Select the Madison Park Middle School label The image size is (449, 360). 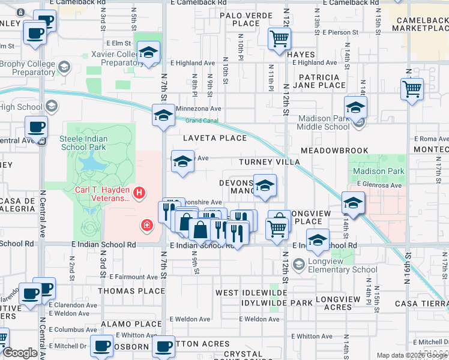pyautogui.click(x=324, y=122)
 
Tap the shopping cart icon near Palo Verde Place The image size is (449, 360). pyautogui.click(x=279, y=39)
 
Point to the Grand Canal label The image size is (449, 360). pyautogui.click(x=201, y=121)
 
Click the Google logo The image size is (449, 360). pyautogui.click(x=20, y=353)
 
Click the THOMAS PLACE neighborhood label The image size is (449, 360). pyautogui.click(x=131, y=291)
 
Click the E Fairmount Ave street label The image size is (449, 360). pyautogui.click(x=135, y=277)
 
